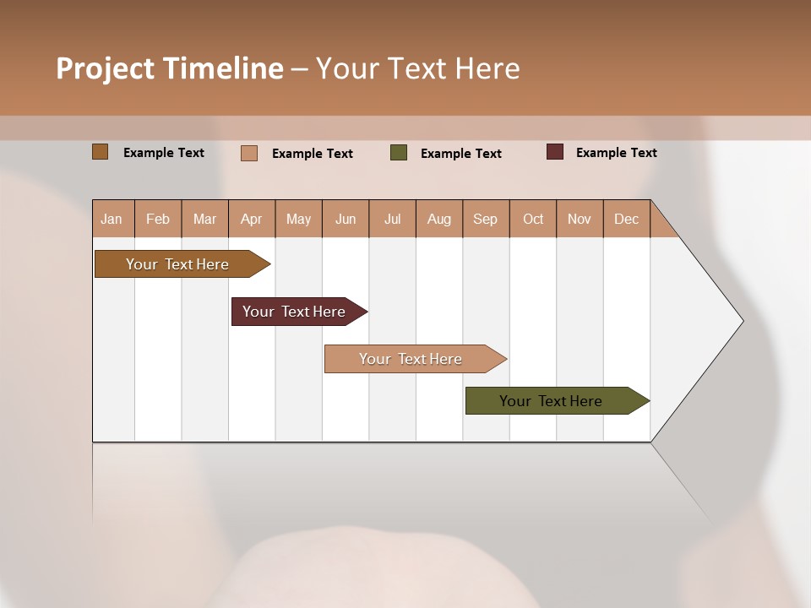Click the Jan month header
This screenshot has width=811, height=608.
(112, 219)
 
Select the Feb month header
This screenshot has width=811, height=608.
(158, 219)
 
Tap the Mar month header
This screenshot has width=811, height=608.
(204, 219)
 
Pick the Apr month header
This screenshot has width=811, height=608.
(252, 219)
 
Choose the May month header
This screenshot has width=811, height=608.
(298, 219)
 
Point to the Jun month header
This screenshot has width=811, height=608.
(346, 219)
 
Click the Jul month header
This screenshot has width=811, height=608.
(392, 219)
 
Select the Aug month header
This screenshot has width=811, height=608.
(439, 219)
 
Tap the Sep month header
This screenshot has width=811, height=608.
(486, 219)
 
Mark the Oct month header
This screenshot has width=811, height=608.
(533, 219)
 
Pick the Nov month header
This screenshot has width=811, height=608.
(580, 219)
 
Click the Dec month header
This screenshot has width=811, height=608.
(626, 219)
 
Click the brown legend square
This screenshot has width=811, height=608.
(101, 152)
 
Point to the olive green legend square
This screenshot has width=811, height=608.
(399, 153)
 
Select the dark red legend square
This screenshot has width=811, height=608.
(555, 152)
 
